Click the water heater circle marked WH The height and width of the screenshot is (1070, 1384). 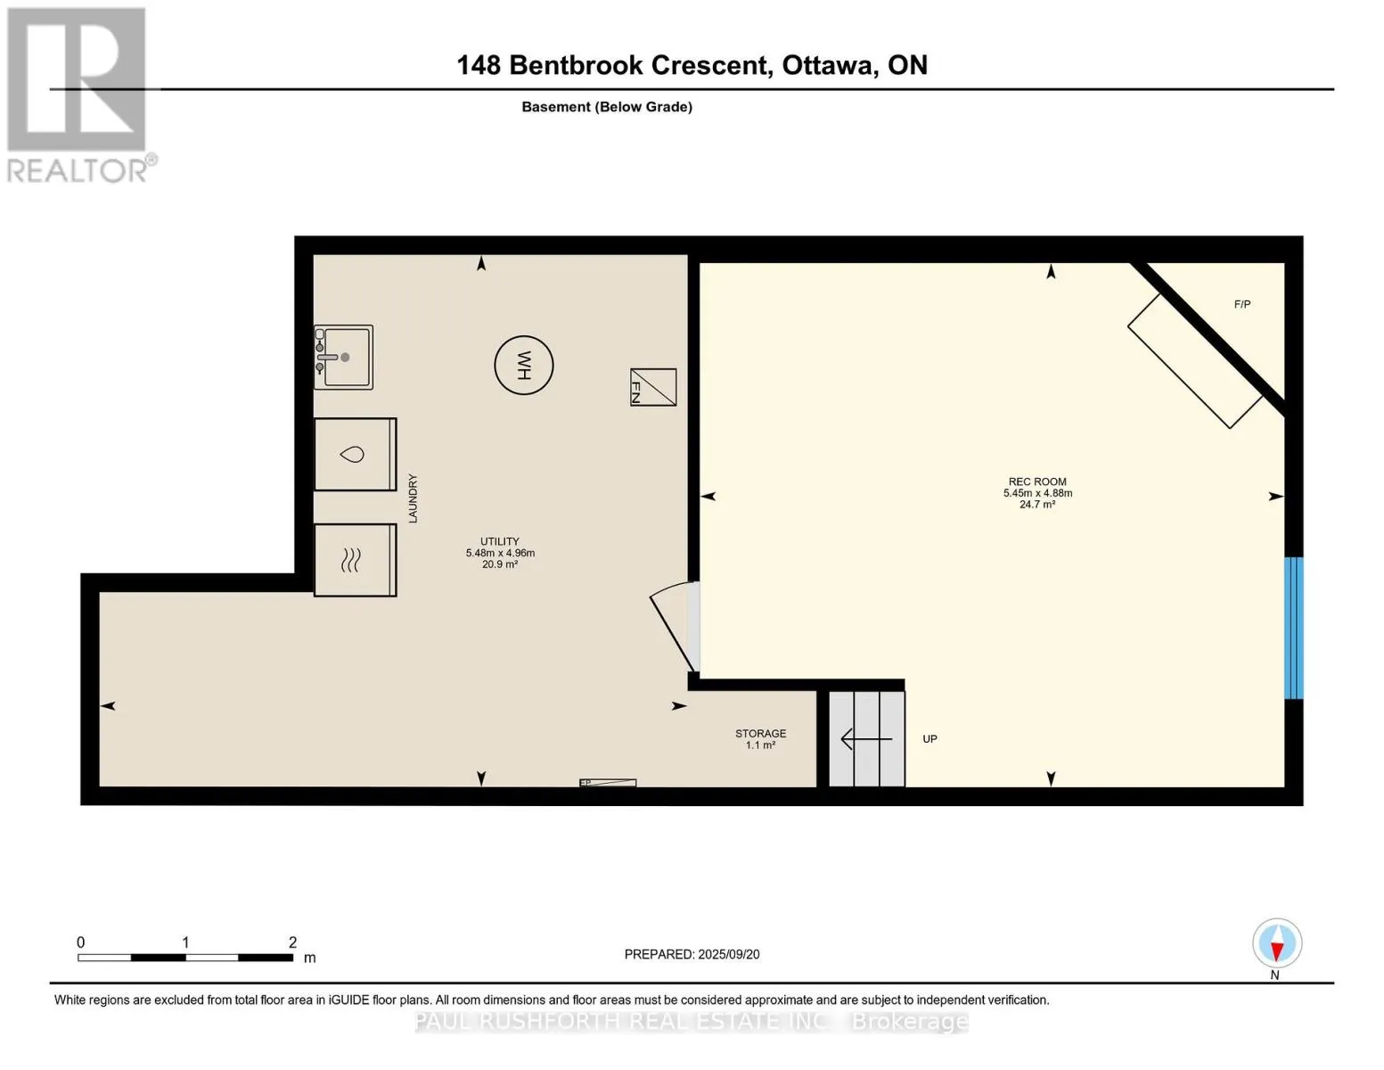click(523, 366)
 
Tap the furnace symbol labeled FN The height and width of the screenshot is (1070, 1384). click(653, 387)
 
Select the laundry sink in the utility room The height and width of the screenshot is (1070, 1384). click(343, 357)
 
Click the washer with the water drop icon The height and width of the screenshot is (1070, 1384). click(356, 455)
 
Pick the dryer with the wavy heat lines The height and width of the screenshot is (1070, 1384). click(356, 560)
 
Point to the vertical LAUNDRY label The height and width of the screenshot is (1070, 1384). click(413, 498)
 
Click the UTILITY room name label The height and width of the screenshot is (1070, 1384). click(500, 541)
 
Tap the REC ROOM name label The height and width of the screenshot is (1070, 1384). click(1037, 481)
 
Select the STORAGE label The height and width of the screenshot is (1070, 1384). click(760, 734)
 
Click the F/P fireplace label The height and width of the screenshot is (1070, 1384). click(1242, 305)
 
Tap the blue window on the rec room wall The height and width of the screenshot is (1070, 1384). click(1294, 629)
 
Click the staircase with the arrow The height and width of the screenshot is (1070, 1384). click(867, 739)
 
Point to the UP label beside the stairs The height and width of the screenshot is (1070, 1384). click(929, 739)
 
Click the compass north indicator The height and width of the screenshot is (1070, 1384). click(1277, 943)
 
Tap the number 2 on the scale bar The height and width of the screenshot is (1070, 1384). click(292, 942)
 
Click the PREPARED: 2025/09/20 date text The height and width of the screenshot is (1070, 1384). click(692, 954)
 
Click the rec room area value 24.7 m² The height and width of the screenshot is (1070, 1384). click(1037, 504)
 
